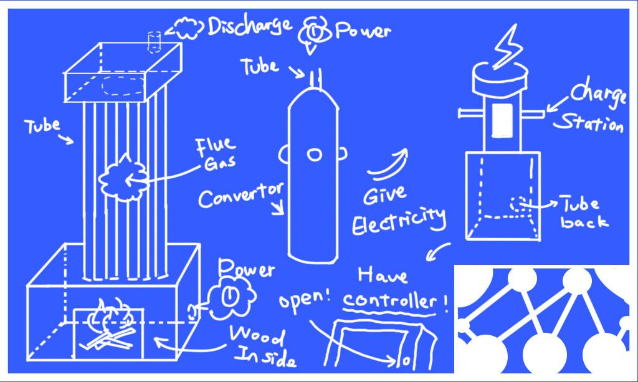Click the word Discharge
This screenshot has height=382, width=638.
click(x=249, y=26)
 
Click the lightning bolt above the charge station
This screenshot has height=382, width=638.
click(x=506, y=46)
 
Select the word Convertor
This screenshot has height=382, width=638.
click(x=240, y=195)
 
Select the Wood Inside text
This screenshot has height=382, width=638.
click(x=260, y=346)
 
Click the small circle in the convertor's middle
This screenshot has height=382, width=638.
click(x=314, y=155)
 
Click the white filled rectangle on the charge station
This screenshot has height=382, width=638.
click(x=503, y=120)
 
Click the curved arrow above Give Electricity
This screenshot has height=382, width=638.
click(x=388, y=165)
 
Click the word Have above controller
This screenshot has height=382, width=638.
click(x=383, y=275)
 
